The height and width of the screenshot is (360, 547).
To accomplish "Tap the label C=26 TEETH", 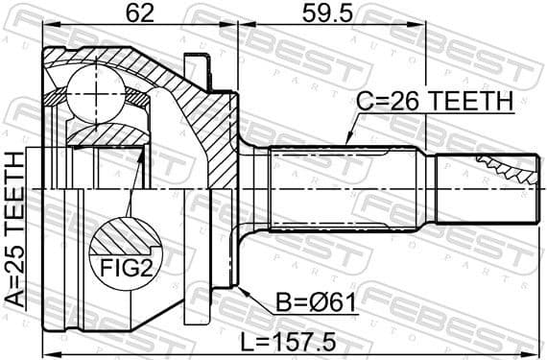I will (x=436, y=101).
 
